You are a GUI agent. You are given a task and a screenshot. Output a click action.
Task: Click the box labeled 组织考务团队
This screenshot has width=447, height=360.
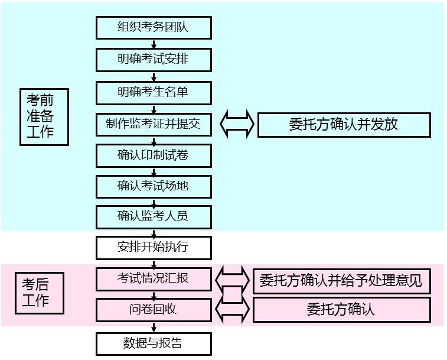click(154, 27)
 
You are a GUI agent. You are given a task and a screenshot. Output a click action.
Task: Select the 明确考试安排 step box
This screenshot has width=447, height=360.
click(154, 59)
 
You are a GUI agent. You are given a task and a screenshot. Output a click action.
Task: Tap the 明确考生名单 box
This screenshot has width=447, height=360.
click(154, 92)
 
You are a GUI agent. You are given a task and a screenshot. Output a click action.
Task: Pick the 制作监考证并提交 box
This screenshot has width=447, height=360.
click(154, 124)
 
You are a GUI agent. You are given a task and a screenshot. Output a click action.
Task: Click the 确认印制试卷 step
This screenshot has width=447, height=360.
click(154, 155)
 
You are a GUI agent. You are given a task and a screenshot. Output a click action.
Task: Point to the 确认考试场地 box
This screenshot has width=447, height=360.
click(154, 186)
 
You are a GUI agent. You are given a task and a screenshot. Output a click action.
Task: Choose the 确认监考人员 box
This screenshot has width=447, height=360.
click(154, 216)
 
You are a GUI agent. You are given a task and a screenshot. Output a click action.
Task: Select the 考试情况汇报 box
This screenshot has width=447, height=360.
click(154, 278)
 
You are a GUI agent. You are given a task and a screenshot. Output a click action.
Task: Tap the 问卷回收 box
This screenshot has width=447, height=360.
click(154, 309)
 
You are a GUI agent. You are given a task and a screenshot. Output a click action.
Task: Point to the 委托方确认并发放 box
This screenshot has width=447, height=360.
click(344, 125)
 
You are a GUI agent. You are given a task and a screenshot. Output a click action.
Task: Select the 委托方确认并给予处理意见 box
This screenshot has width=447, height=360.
click(341, 280)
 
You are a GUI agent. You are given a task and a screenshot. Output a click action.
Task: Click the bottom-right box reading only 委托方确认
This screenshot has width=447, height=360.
click(341, 310)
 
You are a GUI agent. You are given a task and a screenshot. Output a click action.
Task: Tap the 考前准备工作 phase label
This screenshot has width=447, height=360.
click(44, 116)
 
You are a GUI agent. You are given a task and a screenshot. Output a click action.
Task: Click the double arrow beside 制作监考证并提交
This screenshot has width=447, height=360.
click(237, 124)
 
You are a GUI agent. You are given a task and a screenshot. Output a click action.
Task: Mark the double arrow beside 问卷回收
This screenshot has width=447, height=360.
click(233, 309)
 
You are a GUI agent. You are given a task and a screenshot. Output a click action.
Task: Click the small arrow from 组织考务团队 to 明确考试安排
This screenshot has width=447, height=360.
click(154, 44)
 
